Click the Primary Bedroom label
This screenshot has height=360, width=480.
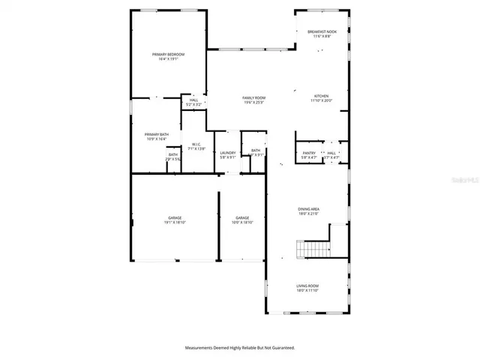click(168, 55)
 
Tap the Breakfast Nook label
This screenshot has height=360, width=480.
click(322, 31)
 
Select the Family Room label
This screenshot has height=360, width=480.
click(253, 97)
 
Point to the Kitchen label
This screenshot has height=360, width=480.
click(321, 96)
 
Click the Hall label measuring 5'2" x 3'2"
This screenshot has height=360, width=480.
click(193, 100)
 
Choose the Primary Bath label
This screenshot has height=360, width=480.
click(157, 134)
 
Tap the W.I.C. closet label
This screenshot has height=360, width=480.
click(196, 144)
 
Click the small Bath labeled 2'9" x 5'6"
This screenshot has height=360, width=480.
click(172, 154)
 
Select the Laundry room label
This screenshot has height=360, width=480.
click(228, 153)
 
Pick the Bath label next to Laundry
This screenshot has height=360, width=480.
click(256, 151)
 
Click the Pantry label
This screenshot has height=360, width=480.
click(308, 153)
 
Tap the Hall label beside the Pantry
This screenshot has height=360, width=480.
click(331, 153)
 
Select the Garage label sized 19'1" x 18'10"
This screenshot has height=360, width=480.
click(175, 217)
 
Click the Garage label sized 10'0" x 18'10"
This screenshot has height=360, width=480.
click(242, 217)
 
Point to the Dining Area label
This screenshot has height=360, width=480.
click(308, 209)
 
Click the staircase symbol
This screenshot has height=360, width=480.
click(313, 248)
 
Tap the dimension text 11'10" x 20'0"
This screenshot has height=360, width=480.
click(321, 101)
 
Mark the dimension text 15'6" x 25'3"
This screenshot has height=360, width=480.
click(253, 103)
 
